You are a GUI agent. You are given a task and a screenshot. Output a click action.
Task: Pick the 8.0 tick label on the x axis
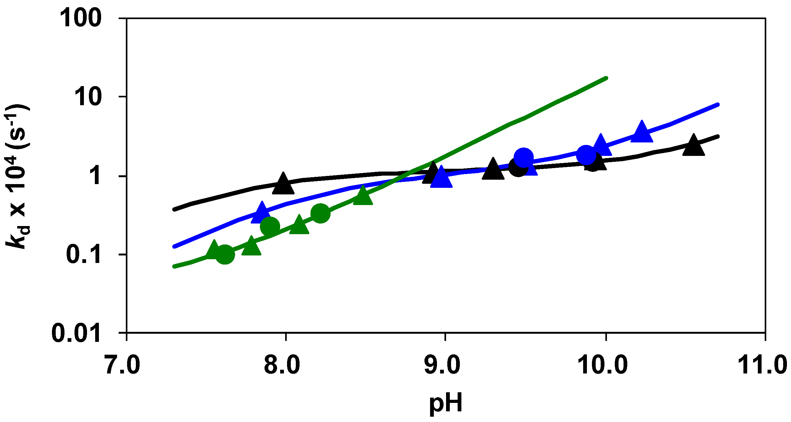(x=282, y=365)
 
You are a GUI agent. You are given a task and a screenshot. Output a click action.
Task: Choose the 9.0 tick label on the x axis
(x=442, y=365)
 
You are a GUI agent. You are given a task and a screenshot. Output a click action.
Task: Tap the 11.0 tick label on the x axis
(x=762, y=365)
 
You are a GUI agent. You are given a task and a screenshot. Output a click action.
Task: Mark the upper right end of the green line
(x=606, y=78)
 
